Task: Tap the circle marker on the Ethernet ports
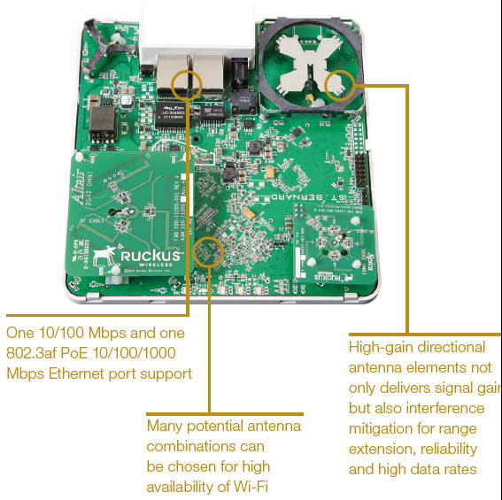point(187,84)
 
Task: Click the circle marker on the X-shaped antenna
point(339,86)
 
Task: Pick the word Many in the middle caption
point(165,426)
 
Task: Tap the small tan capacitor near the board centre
point(254,212)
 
